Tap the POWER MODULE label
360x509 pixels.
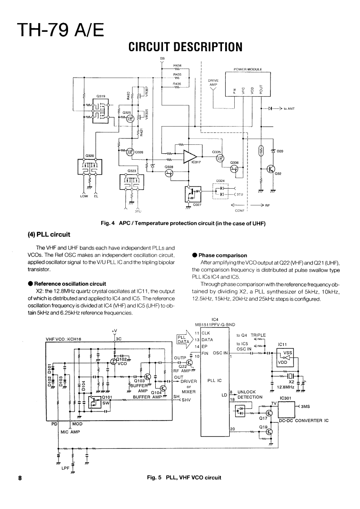click(248, 70)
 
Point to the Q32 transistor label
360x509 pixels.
click(278, 174)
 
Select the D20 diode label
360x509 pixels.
click(280, 151)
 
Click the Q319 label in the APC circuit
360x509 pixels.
click(101, 97)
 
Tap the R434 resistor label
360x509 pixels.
click(177, 66)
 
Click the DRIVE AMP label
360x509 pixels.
click(213, 83)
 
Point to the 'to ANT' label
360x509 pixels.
click(289, 109)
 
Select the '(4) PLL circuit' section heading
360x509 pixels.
click(49, 235)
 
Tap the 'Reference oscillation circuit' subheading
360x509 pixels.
click(70, 284)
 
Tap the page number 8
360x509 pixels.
click(20, 478)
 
